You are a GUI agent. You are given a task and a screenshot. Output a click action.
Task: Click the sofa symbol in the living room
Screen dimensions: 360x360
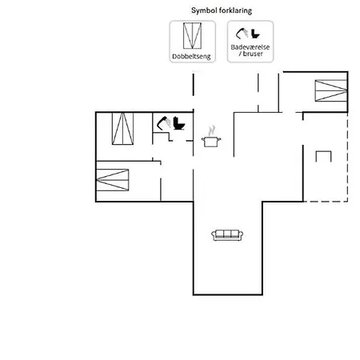tap(227, 235)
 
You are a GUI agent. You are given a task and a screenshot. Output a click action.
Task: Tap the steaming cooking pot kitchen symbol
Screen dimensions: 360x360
tap(211, 137)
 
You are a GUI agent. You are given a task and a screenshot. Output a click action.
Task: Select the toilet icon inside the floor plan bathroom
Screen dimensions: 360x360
tap(178, 123)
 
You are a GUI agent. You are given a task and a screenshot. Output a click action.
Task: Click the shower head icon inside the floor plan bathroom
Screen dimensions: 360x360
tap(164, 123)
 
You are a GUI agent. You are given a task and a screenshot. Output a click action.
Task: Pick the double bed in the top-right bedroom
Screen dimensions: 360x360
tap(331, 90)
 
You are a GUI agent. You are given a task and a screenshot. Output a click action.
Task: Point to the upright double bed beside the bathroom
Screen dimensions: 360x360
tap(122, 129)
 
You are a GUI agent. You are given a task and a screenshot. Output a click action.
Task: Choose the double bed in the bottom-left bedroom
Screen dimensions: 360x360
tap(112, 180)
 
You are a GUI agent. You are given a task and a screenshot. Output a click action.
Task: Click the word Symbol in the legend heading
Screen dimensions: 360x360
tap(203, 10)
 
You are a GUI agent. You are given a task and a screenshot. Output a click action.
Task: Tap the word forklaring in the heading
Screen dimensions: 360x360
tap(235, 11)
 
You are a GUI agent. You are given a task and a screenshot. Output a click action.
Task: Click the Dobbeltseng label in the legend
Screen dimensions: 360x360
tap(191, 57)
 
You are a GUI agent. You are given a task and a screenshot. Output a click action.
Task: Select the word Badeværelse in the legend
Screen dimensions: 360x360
tap(250, 47)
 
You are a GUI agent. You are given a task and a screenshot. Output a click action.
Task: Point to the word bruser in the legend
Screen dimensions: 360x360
tap(253, 54)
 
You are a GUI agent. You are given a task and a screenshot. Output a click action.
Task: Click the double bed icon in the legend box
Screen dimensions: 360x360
tap(192, 36)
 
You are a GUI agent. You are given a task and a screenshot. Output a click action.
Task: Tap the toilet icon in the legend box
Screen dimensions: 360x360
tap(255, 34)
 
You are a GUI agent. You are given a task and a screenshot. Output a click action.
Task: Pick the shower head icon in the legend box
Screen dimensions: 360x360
tap(242, 34)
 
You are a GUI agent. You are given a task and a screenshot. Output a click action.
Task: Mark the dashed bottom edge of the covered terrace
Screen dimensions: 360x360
tap(326, 202)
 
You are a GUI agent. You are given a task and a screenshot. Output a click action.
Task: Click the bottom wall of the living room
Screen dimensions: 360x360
tap(228, 294)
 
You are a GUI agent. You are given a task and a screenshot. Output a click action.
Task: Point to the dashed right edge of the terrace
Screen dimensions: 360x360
tap(347, 157)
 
